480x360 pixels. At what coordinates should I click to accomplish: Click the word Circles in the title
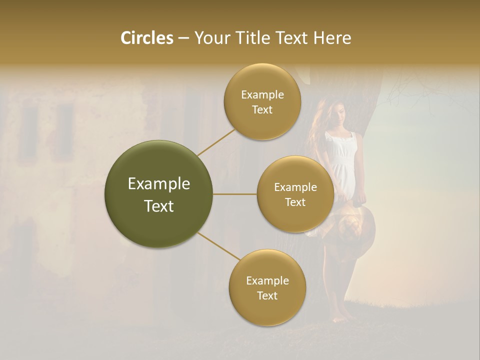pos(147,38)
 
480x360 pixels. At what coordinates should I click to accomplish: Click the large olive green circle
pos(159,194)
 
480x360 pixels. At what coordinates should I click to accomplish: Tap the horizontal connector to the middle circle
pos(235,194)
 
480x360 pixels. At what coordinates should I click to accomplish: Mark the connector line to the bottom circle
pos(218,246)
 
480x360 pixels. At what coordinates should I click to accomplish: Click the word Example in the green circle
pos(159,184)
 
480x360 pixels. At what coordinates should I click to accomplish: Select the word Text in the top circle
pos(262,109)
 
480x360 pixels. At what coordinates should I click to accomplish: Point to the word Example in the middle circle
pos(295,187)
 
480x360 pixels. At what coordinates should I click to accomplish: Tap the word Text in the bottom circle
pos(267,295)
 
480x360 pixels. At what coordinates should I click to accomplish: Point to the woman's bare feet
pos(345,316)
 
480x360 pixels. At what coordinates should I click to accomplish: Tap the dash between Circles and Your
pos(183,38)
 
